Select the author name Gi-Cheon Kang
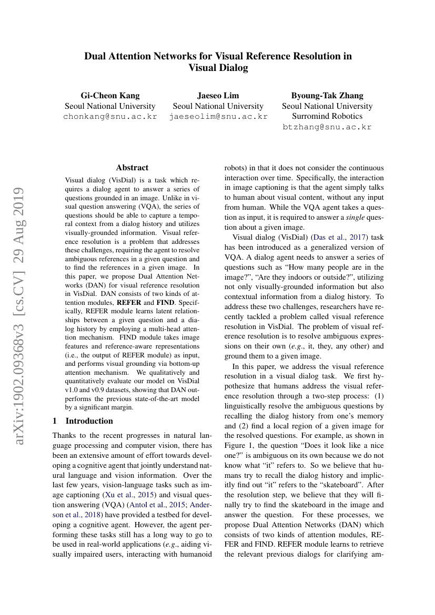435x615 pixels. pyautogui.click(x=110, y=95)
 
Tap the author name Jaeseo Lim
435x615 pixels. pyautogui.click(x=218, y=95)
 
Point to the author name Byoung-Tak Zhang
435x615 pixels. pyautogui.click(x=327, y=95)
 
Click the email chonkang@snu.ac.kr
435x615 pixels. pyautogui.click(x=110, y=117)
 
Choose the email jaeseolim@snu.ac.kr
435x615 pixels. pyautogui.click(x=218, y=117)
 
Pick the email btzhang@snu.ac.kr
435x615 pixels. pyautogui.click(x=327, y=127)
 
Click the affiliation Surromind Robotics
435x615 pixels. pyautogui.click(x=327, y=116)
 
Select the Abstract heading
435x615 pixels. pyautogui.click(x=132, y=168)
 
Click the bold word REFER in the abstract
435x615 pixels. pyautogui.click(x=128, y=303)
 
